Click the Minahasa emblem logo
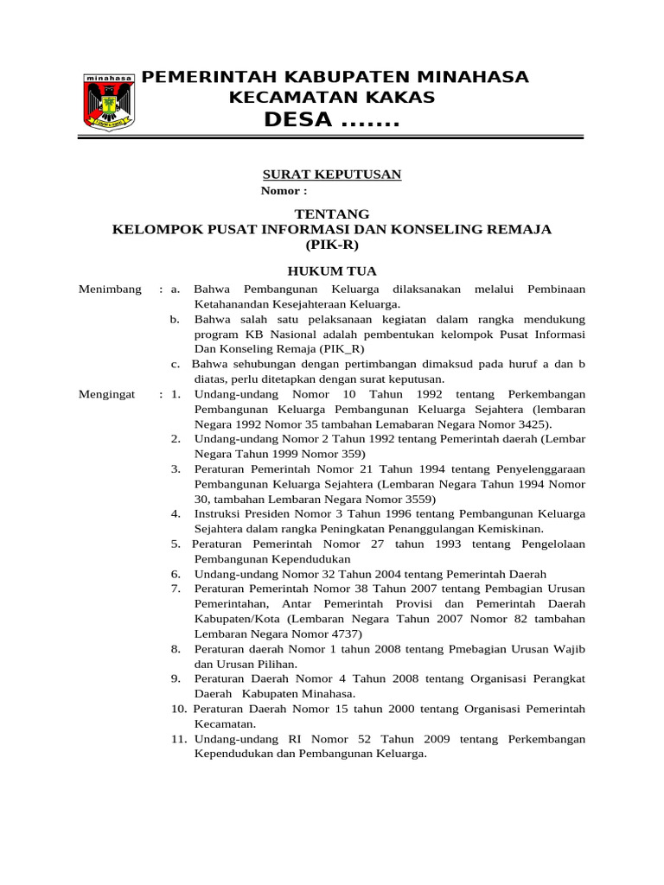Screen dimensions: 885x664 pyautogui.click(x=109, y=102)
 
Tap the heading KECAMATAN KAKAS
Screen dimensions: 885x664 pyautogui.click(x=331, y=98)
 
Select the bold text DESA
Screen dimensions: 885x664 pyautogui.click(x=298, y=120)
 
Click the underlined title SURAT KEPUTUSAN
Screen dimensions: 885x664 pyautogui.click(x=332, y=175)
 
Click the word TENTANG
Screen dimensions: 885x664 pyautogui.click(x=332, y=213)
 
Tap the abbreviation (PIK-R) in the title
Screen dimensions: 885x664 pyautogui.click(x=332, y=245)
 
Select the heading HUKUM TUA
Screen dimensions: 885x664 pyautogui.click(x=332, y=271)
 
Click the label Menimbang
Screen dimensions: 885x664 pyautogui.click(x=110, y=290)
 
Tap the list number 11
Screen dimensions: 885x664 pyautogui.click(x=179, y=739)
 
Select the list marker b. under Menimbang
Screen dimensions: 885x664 pyautogui.click(x=175, y=319)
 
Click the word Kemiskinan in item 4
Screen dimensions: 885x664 pyautogui.click(x=508, y=528)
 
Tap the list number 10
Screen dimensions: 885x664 pyautogui.click(x=179, y=709)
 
